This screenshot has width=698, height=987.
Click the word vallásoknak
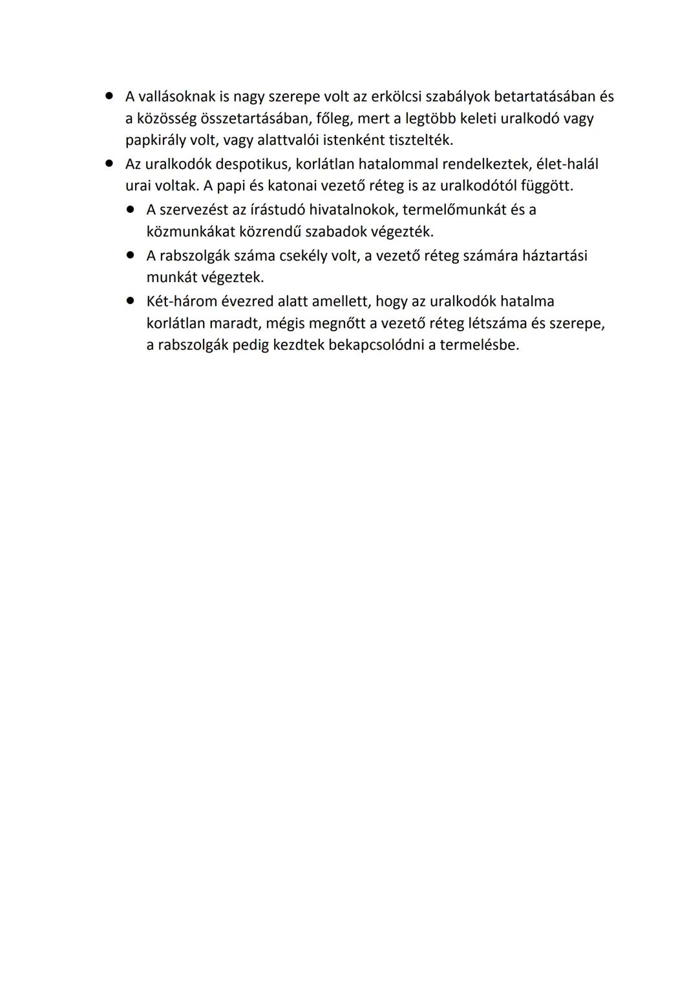175,97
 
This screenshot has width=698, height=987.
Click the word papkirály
155,140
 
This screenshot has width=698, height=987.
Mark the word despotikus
253,164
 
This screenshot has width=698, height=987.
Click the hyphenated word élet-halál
567,164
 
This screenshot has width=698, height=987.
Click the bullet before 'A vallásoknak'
110,96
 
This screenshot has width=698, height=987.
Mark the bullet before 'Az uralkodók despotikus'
110,164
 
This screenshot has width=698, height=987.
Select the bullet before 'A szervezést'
131,210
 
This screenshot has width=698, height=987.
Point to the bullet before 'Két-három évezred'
131,301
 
